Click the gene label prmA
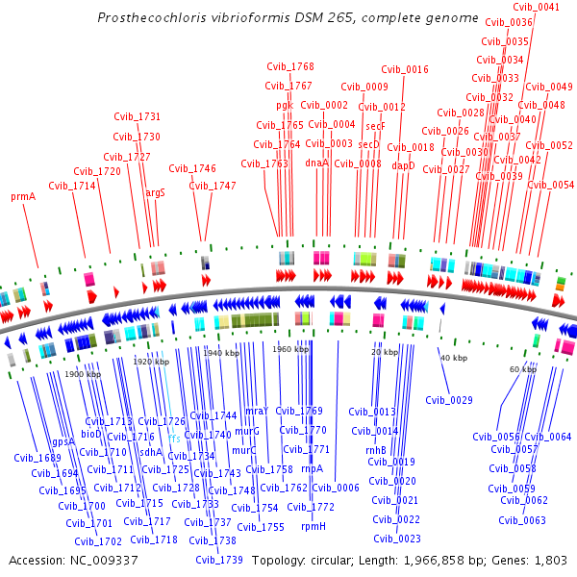coord(23,196)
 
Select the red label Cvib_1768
coord(289,66)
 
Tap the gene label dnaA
coord(316,163)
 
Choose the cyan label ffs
coord(174,439)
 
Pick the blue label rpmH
coord(314,526)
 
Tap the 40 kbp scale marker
coord(453,358)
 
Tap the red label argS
coord(155,192)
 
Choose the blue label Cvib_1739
coord(218,560)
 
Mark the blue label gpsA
coord(63,442)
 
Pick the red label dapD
coord(403,165)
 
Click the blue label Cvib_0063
coord(522,520)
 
